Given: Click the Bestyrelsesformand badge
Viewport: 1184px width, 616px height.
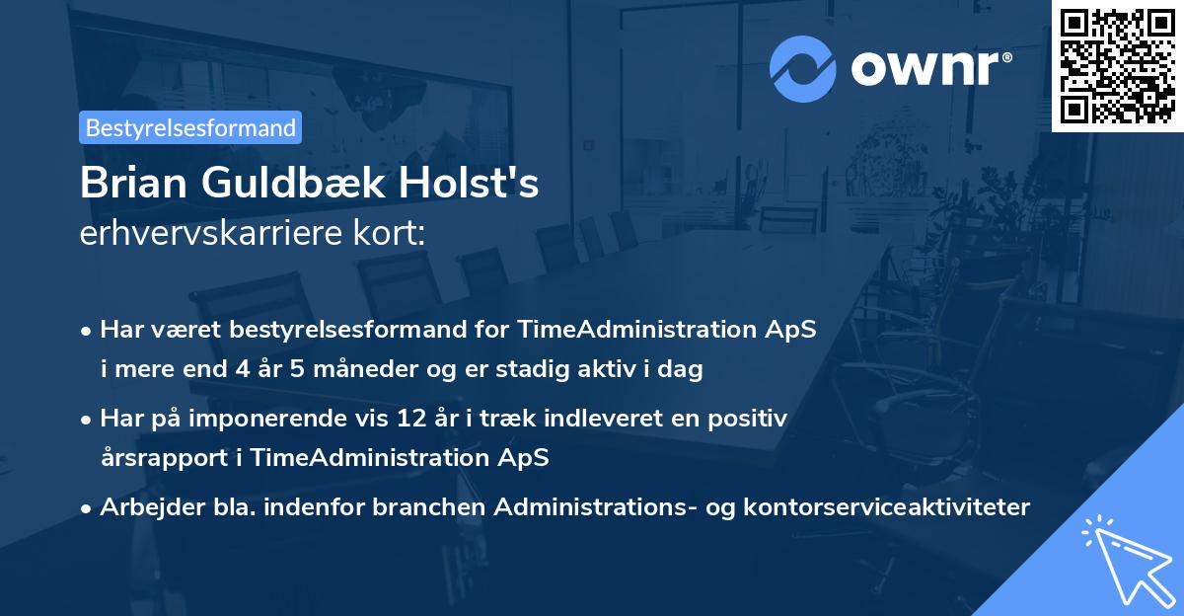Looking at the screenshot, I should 190,127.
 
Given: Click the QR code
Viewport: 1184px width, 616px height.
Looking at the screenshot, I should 1118,66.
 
